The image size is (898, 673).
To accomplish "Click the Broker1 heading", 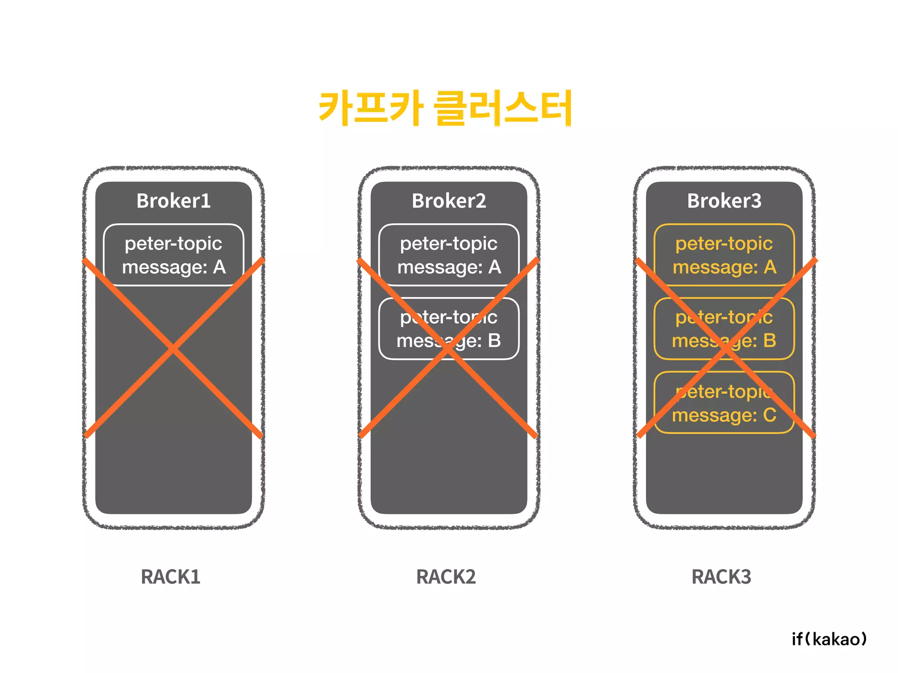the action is point(173,201).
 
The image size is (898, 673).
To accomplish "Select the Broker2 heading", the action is point(449,201).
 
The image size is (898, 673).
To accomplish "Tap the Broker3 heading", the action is point(724,201).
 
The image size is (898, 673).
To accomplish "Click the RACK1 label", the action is point(171,577).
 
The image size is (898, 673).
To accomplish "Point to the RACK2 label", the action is point(446,577).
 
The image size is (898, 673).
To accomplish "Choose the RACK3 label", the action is point(721,577).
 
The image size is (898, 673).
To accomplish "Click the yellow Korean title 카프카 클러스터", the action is point(445,107).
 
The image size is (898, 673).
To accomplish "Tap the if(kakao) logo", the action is point(829,639).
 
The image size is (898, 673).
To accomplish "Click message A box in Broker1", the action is point(174,255).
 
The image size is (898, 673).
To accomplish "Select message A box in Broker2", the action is point(449,255).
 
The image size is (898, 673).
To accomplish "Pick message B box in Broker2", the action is point(449,329).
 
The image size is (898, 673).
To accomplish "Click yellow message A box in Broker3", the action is point(724,255).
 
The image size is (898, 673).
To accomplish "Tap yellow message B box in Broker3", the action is point(724,329).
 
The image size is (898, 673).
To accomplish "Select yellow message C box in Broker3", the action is point(724,403).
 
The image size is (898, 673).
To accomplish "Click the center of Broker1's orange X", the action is point(174,349).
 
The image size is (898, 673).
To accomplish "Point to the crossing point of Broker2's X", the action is point(448,349).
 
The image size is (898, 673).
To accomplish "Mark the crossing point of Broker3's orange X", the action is point(726,349).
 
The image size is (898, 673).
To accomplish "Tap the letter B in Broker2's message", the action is point(494,340).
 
